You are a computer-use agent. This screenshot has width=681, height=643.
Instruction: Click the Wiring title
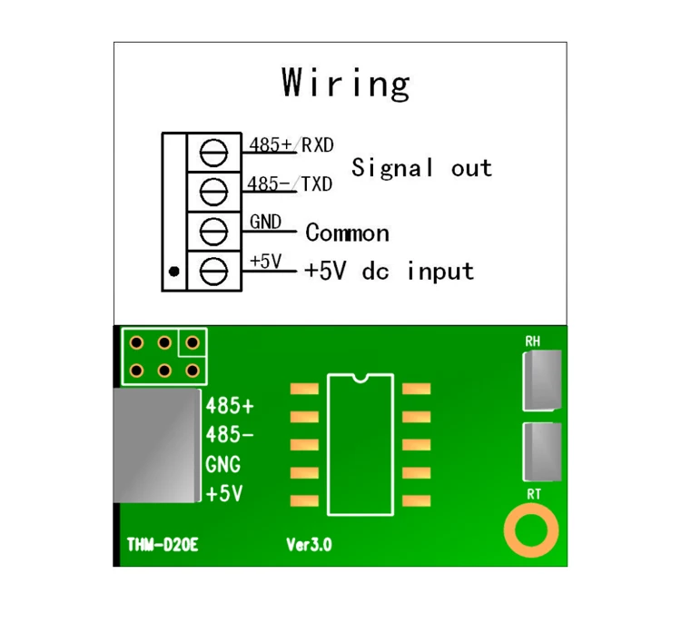click(346, 84)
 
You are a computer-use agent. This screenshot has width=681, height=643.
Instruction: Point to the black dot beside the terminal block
click(173, 271)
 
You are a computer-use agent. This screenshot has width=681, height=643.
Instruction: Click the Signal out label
click(421, 168)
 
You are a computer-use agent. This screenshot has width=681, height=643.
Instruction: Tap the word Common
click(347, 233)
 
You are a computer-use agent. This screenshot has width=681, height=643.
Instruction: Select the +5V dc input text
click(390, 271)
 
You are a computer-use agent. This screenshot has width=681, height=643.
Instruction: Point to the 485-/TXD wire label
click(291, 184)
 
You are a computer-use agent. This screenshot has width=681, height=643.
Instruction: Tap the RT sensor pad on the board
click(543, 451)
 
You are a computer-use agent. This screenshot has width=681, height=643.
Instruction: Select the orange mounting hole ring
click(532, 531)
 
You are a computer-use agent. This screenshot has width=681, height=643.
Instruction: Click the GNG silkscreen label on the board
click(223, 465)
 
